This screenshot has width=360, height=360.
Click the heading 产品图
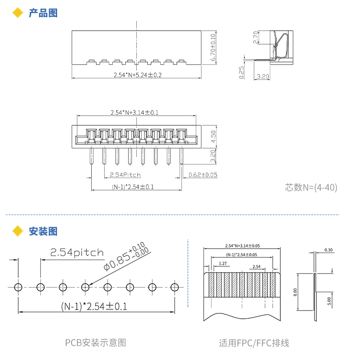pos(43,13)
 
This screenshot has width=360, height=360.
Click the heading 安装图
pos(43,231)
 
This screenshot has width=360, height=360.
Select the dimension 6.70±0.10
pos(213,48)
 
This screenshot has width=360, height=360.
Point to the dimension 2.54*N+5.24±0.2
pos(138,75)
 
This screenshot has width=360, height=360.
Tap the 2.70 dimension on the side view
pos(255,37)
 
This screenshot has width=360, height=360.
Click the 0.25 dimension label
pos(241,72)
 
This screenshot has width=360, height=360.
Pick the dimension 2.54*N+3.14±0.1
pos(134,112)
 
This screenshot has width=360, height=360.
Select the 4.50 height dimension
pos(213,136)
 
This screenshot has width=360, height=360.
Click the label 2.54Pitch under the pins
pos(125,175)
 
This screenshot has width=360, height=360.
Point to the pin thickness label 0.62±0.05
pos(203,175)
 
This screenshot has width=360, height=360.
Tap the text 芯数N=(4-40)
pos(311,187)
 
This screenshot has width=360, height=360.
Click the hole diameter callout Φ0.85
pos(117,262)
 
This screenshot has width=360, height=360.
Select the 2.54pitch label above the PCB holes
pos(77,252)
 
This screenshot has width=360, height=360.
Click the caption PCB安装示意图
pos(96,343)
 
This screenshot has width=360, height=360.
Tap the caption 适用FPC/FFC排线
pos(254,343)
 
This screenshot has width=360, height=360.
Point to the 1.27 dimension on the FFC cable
pos(223,264)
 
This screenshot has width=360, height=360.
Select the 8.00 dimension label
pos(295,292)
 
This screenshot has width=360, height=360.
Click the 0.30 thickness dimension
pos(328,250)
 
